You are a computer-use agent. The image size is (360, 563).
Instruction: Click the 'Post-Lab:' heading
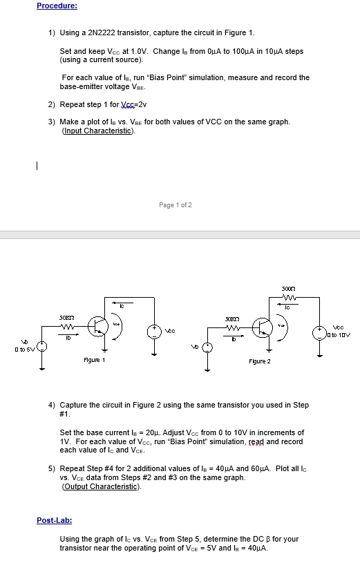pyautogui.click(x=54, y=520)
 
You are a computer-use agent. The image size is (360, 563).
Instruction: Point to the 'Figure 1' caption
pyautogui.click(x=94, y=360)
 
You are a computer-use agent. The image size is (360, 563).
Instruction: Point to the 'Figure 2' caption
pyautogui.click(x=260, y=361)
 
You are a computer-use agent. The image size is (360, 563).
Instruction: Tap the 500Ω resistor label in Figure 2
pyautogui.click(x=288, y=287)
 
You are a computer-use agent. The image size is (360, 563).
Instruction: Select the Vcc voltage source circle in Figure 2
pyautogui.click(x=319, y=331)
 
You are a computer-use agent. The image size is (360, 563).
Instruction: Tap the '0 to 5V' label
pyautogui.click(x=15, y=347)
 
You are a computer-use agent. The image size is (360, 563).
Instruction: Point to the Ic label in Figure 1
pyautogui.click(x=120, y=305)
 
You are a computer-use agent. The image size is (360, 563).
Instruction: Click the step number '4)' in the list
pyautogui.click(x=52, y=405)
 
